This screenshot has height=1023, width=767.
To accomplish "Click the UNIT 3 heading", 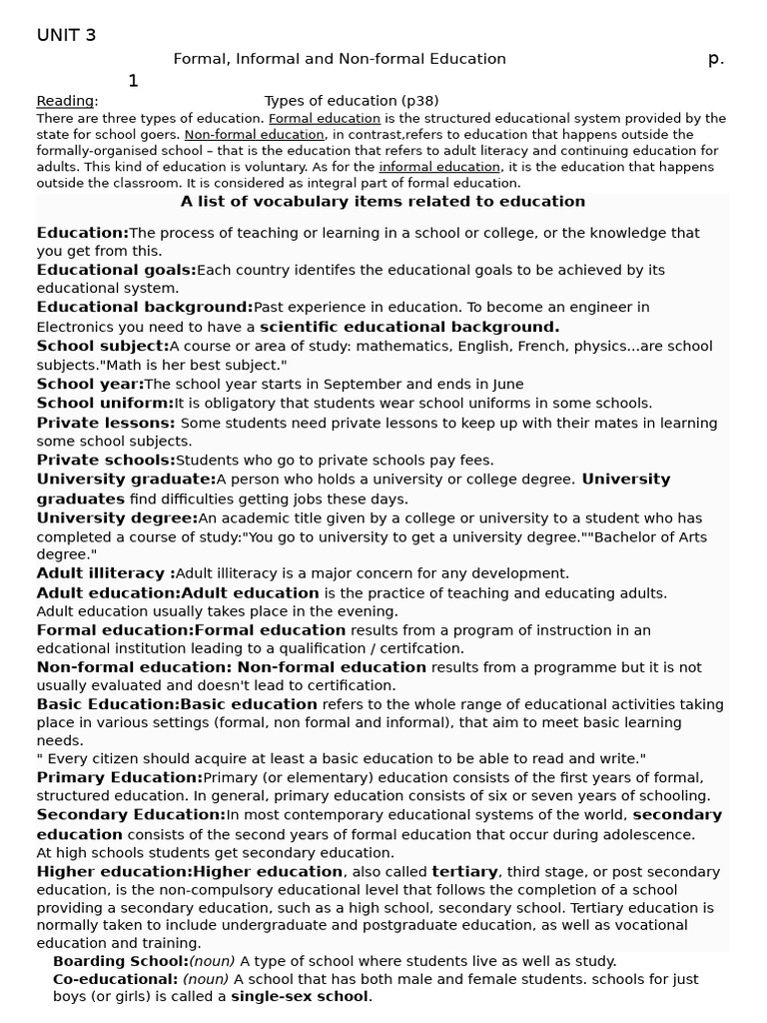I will point(67,36).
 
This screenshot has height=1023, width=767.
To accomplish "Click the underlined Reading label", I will point(66,101).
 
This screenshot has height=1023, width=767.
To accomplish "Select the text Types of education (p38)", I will point(351,101).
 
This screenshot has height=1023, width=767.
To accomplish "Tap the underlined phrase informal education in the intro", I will point(439,167).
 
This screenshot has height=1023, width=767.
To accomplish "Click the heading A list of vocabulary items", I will point(383,202).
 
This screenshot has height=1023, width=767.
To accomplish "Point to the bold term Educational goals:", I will point(117,270).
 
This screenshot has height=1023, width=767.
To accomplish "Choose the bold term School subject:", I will point(103,346).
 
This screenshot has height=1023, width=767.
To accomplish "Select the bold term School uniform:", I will point(105,403).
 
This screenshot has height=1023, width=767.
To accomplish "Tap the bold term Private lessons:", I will point(106,423).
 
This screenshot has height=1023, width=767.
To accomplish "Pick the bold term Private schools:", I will point(106,461).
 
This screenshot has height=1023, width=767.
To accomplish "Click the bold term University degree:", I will point(117,518).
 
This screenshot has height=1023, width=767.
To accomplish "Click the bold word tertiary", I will point(464,872).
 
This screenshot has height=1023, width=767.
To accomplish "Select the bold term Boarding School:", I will point(120,961).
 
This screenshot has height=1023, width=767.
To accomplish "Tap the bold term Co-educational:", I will point(116,979).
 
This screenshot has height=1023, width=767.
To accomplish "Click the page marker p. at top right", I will point(715,59).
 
